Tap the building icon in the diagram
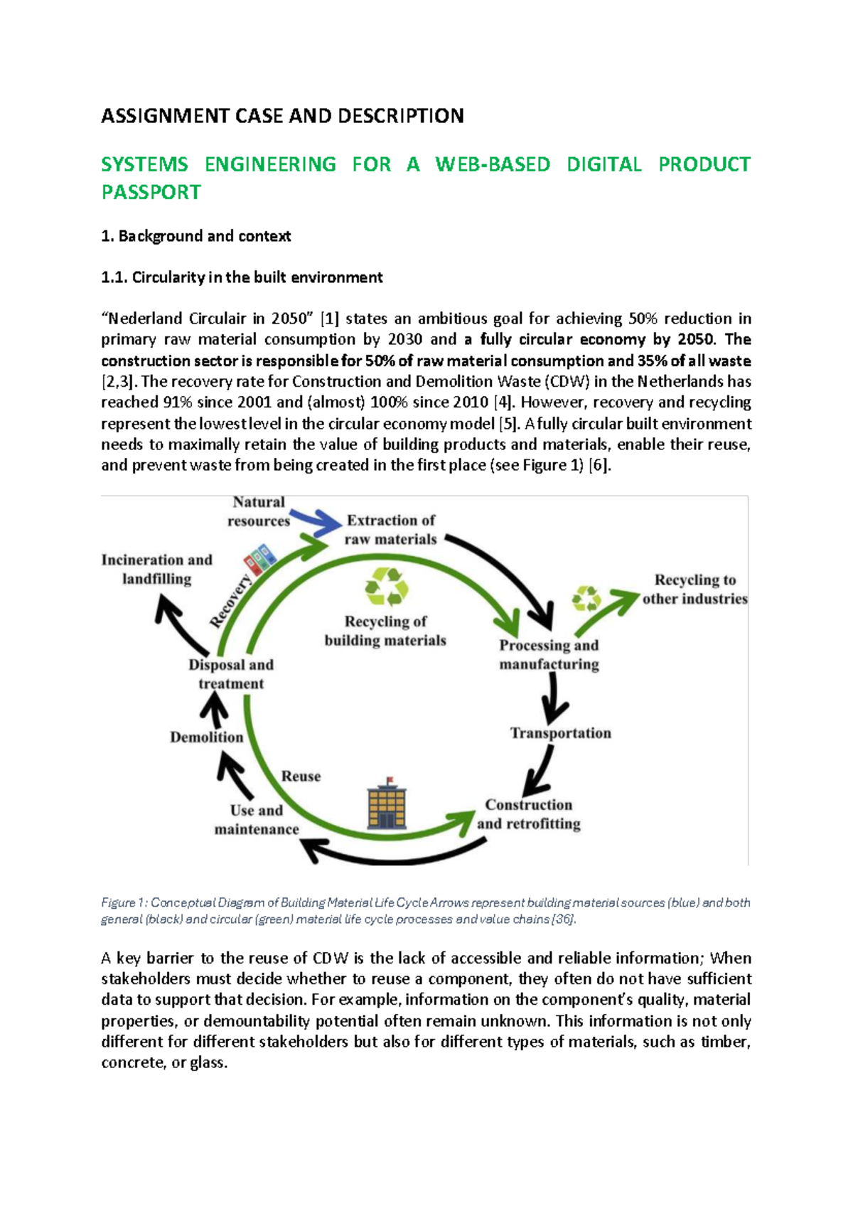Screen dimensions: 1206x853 coord(387,804)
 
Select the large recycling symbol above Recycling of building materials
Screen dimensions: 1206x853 coord(386,587)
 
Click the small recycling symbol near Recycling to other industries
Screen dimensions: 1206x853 coord(587,599)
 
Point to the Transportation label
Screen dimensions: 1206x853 coord(560,733)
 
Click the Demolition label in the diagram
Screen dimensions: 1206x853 coord(206,737)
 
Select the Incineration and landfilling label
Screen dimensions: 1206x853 coord(156,570)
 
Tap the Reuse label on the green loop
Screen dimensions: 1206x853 coord(301,777)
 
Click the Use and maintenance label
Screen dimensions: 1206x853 coord(257,820)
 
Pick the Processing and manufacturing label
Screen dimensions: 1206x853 coord(549,655)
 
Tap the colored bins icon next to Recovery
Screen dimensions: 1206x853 coord(259,559)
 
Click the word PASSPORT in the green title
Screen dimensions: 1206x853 coord(151,193)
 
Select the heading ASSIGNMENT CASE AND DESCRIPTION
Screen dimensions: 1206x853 coord(282,116)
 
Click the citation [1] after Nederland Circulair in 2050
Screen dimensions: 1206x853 coord(329,319)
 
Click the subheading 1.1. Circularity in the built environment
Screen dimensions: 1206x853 coord(242,277)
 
